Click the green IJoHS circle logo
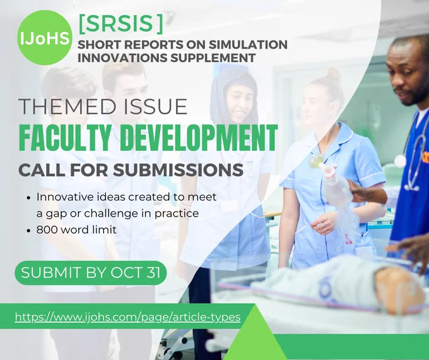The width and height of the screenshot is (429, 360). tap(44, 37)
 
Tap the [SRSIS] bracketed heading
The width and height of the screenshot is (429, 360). tap(120, 24)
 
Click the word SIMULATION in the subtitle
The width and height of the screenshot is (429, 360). tap(248, 45)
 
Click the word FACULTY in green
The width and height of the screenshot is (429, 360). tap(67, 138)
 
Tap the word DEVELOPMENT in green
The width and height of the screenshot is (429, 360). tap(199, 138)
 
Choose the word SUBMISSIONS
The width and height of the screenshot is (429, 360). tap(178, 170)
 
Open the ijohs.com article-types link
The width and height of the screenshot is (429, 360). tap(127, 317)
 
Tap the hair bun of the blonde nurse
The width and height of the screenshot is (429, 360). tap(332, 73)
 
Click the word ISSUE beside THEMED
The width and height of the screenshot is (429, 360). tap(155, 107)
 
